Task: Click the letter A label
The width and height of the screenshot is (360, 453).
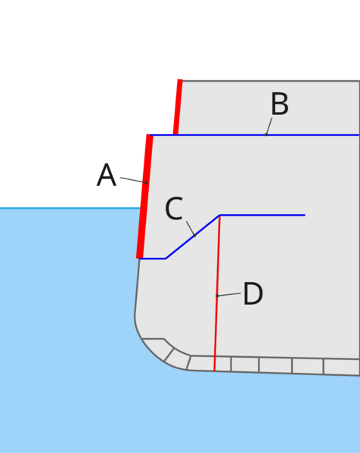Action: (107, 175)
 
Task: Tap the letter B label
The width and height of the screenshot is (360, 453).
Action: (280, 104)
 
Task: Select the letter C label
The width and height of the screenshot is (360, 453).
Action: (174, 208)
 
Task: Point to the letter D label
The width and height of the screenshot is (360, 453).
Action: (253, 293)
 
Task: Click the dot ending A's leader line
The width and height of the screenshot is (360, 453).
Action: (146, 182)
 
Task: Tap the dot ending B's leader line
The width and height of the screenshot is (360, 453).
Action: (266, 135)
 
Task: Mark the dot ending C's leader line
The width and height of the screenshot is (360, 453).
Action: (194, 235)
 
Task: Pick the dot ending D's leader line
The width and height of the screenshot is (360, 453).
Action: (217, 296)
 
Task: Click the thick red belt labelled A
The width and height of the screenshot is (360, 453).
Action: (144, 196)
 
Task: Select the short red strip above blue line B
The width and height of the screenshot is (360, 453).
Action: (178, 107)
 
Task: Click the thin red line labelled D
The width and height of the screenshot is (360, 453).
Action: (217, 293)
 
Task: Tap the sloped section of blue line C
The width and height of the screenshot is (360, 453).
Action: (193, 237)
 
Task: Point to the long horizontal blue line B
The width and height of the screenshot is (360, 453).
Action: (255, 135)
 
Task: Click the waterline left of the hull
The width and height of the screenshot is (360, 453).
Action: (70, 208)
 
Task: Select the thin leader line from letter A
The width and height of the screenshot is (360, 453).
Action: (133, 180)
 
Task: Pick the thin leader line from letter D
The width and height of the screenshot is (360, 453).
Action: (229, 294)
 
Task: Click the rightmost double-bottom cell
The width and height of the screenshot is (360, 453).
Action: (342, 367)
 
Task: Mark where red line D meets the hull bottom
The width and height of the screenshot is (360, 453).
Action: (214, 371)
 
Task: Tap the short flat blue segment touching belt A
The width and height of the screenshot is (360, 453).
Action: (153, 259)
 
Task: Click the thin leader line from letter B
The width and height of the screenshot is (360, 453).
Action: (269, 126)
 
